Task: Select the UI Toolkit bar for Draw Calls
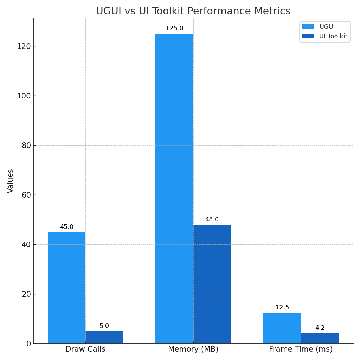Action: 104,337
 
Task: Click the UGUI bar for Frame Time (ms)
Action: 282,328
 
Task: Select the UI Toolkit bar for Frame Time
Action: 320,338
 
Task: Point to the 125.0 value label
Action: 174,28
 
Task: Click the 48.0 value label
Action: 212,220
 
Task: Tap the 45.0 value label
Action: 66,227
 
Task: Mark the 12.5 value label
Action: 282,308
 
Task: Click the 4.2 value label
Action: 320,328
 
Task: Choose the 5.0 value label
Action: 104,326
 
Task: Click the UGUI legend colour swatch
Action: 308,27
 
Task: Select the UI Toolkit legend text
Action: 333,36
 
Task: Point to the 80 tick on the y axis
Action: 26,146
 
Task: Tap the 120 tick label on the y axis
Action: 24,46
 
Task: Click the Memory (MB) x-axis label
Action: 193,349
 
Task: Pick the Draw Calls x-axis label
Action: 85,349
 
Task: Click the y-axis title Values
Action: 11,181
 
